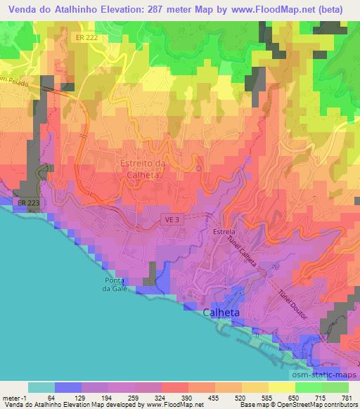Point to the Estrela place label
(x=224, y=231)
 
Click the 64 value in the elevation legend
(x=50, y=398)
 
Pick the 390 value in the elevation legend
(x=187, y=398)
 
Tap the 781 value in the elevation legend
(x=346, y=398)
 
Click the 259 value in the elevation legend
(x=131, y=398)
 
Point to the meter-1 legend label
(x=15, y=398)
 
